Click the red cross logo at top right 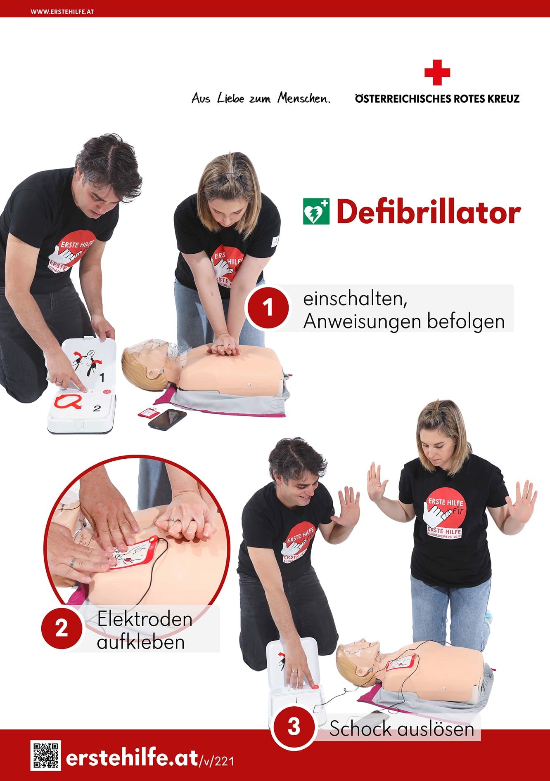tap(437, 73)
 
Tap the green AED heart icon tap(316, 211)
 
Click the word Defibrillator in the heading tap(428, 212)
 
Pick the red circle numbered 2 tap(62, 628)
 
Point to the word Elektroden tap(145, 619)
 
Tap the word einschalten tap(355, 299)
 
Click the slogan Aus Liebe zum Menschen tap(261, 99)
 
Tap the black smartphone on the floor tap(167, 419)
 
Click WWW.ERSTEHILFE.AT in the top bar tap(62, 12)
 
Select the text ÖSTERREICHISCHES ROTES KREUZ tap(437, 99)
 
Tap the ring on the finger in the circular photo tap(73, 562)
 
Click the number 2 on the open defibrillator tap(97, 408)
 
